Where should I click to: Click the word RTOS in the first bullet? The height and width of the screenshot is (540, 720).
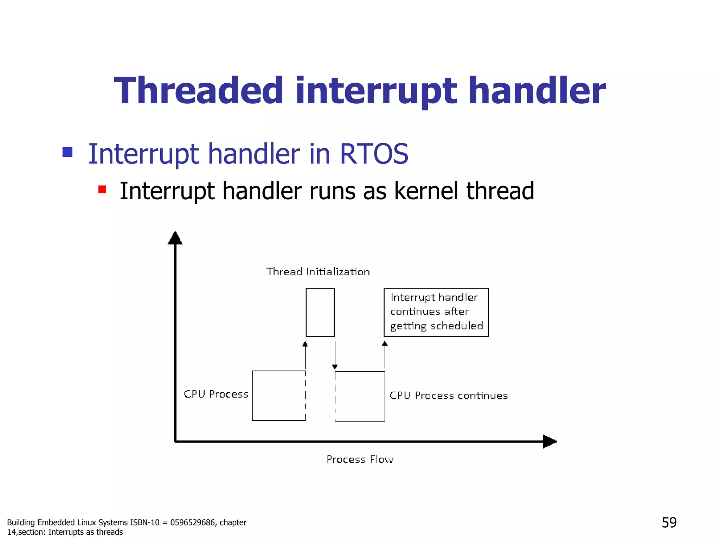pyautogui.click(x=374, y=154)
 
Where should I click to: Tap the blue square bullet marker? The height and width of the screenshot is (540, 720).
pyautogui.click(x=67, y=152)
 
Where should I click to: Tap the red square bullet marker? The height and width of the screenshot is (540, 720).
pyautogui.click(x=102, y=189)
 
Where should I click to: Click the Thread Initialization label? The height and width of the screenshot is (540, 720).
pyautogui.click(x=318, y=272)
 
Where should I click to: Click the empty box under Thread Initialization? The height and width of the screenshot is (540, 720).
pyautogui.click(x=320, y=312)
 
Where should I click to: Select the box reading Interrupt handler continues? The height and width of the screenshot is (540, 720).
pyautogui.click(x=436, y=312)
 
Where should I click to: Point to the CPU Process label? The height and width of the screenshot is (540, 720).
pyautogui.click(x=216, y=394)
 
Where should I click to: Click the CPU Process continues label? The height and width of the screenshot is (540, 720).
pyautogui.click(x=449, y=396)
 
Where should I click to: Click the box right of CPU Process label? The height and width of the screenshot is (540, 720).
pyautogui.click(x=278, y=396)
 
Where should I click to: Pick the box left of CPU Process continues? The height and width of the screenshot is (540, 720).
pyautogui.click(x=360, y=396)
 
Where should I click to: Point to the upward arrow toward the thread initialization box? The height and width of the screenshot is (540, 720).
pyautogui.click(x=305, y=355)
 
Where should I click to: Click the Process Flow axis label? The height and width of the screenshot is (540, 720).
pyautogui.click(x=360, y=459)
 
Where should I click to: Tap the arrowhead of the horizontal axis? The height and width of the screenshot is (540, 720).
pyautogui.click(x=549, y=442)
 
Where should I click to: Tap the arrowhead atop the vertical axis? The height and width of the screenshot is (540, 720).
pyautogui.click(x=175, y=238)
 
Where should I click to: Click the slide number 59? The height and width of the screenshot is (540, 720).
pyautogui.click(x=669, y=522)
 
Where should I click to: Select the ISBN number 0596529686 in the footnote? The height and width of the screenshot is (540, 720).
pyautogui.click(x=192, y=523)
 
